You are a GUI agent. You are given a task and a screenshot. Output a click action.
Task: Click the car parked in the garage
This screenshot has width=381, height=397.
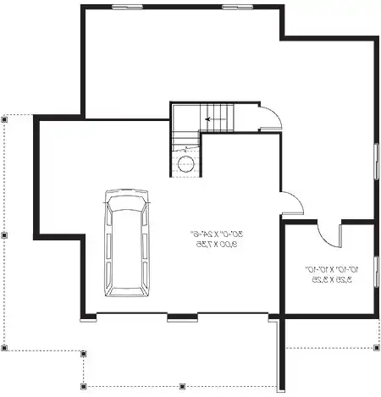(x=124, y=242)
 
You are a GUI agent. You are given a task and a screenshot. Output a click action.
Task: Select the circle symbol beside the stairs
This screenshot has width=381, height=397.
(x=187, y=163)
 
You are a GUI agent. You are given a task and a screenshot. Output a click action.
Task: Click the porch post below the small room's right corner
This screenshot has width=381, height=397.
(x=375, y=346)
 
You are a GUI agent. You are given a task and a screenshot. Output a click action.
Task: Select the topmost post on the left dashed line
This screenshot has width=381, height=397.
(x=4, y=119)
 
